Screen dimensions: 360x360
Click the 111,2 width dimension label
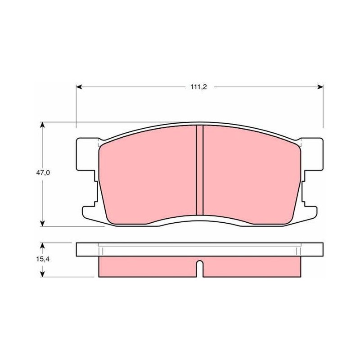(198, 87)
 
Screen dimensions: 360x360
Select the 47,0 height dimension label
(43, 173)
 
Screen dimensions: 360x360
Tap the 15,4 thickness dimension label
(43, 259)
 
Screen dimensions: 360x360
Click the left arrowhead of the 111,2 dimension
(79, 87)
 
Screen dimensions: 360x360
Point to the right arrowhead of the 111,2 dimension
(320, 87)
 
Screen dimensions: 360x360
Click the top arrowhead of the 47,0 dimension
(42, 125)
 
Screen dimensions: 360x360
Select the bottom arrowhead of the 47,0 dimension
(42, 223)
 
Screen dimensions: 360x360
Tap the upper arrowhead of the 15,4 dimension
(42, 246)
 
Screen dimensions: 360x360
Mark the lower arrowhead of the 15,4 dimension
(42, 274)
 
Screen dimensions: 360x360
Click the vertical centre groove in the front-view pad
(200, 170)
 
